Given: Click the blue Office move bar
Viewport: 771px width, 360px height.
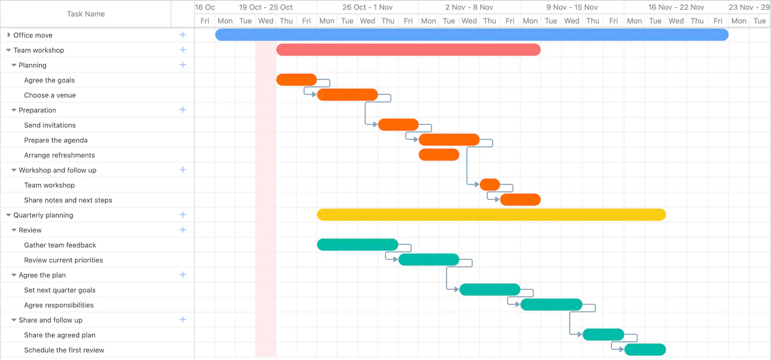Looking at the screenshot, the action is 472,35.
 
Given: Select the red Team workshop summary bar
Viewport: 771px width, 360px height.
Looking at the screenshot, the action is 408,50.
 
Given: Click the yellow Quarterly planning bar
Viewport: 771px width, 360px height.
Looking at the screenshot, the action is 491,215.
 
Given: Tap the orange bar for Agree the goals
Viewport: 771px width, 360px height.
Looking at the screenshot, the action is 296,80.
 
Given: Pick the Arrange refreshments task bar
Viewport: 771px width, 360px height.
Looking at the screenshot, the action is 439,155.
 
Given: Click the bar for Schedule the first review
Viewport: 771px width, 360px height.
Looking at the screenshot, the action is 645,350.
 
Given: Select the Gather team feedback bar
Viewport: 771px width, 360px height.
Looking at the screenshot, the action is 357,245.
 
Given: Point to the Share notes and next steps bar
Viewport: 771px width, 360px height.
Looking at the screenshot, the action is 520,200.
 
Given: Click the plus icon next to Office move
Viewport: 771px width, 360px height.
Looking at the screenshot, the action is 183,35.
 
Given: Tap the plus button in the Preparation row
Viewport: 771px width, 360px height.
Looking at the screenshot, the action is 183,110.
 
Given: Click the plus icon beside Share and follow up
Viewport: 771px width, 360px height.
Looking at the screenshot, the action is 183,320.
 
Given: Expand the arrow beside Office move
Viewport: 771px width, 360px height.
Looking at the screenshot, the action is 9,35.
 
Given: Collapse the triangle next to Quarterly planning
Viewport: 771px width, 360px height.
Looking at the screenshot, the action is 9,215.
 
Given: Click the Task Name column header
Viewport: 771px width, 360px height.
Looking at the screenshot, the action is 86,14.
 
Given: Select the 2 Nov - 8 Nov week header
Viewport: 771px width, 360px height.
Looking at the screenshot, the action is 469,7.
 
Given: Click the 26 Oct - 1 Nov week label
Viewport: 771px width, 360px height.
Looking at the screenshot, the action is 367,7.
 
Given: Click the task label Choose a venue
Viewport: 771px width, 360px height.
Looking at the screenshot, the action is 50,95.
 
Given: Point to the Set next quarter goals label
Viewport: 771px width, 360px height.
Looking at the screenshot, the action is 60,290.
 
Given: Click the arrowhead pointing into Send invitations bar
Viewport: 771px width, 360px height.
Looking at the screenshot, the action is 375,125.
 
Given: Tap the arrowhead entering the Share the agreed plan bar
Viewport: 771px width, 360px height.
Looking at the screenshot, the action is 580,334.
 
